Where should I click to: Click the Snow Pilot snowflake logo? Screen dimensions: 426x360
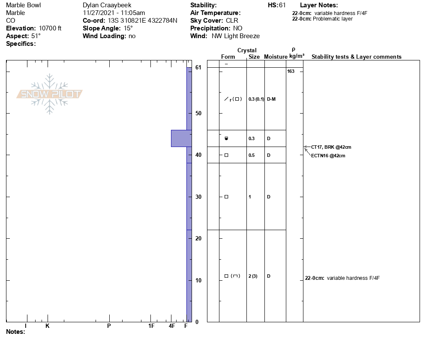(49, 94)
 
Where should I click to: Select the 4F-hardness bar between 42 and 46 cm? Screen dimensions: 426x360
(181, 138)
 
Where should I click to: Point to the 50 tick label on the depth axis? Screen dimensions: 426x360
(198, 113)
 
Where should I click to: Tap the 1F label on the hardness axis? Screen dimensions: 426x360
(151, 326)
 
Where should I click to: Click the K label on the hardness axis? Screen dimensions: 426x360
(48, 326)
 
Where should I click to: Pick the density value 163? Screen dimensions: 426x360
(291, 71)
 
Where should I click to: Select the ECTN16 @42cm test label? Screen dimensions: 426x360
(328, 156)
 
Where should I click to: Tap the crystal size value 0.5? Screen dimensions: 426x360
(252, 155)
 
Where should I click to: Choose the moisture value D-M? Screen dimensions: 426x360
(271, 99)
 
